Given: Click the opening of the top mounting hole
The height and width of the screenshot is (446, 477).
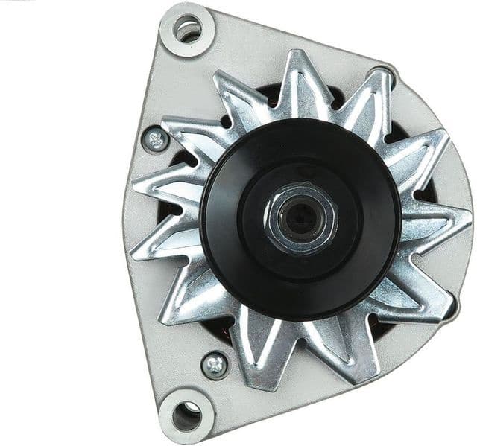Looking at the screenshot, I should (x=189, y=30).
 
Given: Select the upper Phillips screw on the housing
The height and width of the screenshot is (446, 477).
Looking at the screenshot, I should (x=157, y=139).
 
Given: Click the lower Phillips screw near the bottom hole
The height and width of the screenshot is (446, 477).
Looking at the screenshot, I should (x=215, y=365).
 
